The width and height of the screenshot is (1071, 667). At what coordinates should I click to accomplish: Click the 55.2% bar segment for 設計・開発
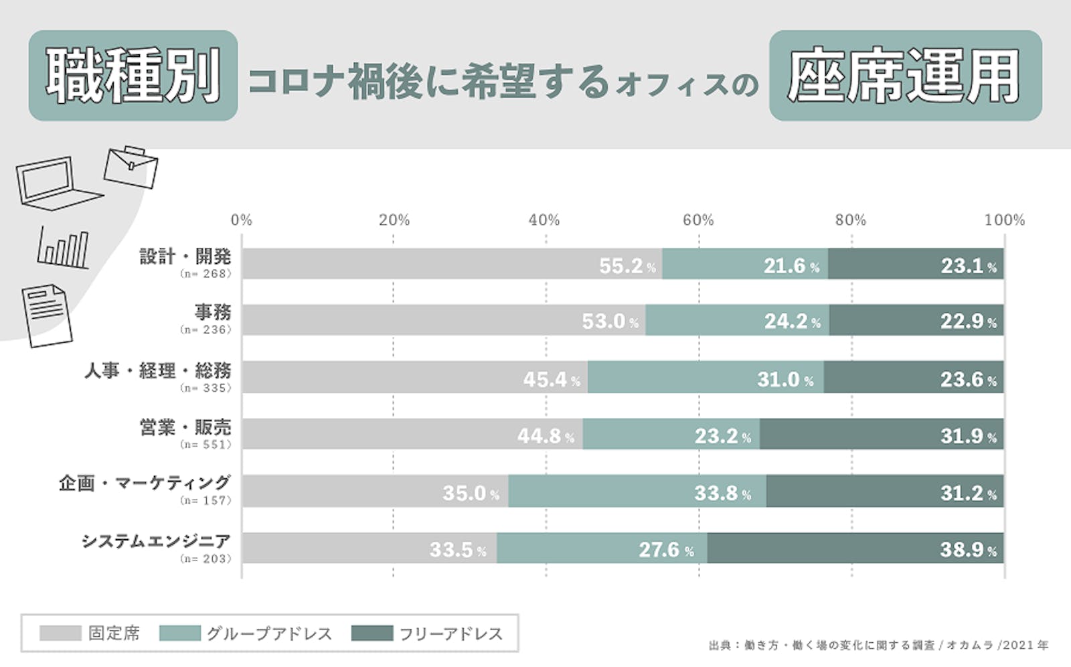coord(452,264)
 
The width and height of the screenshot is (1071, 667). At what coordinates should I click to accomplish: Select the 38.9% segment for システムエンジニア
coord(855,548)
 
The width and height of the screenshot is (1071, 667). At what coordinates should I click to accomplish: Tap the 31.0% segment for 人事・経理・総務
coord(706,377)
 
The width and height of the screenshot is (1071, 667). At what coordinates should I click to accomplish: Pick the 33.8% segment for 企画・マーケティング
coord(637,492)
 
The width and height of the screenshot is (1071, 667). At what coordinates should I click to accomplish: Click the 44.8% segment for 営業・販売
coord(412,434)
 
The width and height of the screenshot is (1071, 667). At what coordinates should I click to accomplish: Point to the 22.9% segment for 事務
coord(916,320)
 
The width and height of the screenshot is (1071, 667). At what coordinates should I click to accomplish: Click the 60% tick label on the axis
coord(698,220)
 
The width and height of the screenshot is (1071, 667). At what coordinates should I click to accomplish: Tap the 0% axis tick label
coord(242,220)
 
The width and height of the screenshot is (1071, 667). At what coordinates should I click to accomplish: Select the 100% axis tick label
coord(1004,220)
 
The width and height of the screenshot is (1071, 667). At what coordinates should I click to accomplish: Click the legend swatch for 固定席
coord(60,633)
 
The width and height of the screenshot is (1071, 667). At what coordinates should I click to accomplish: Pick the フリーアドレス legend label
coord(450,634)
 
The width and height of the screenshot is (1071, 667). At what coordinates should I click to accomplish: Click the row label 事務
coord(213,312)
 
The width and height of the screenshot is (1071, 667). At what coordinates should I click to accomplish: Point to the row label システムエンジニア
coord(156,540)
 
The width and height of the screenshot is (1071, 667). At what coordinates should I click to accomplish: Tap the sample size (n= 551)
coord(205,445)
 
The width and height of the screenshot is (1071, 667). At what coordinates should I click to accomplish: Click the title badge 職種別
coord(133,76)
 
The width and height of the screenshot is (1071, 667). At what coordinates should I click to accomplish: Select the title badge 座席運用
coord(905,76)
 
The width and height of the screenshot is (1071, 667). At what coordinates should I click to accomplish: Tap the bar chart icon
coord(63,248)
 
